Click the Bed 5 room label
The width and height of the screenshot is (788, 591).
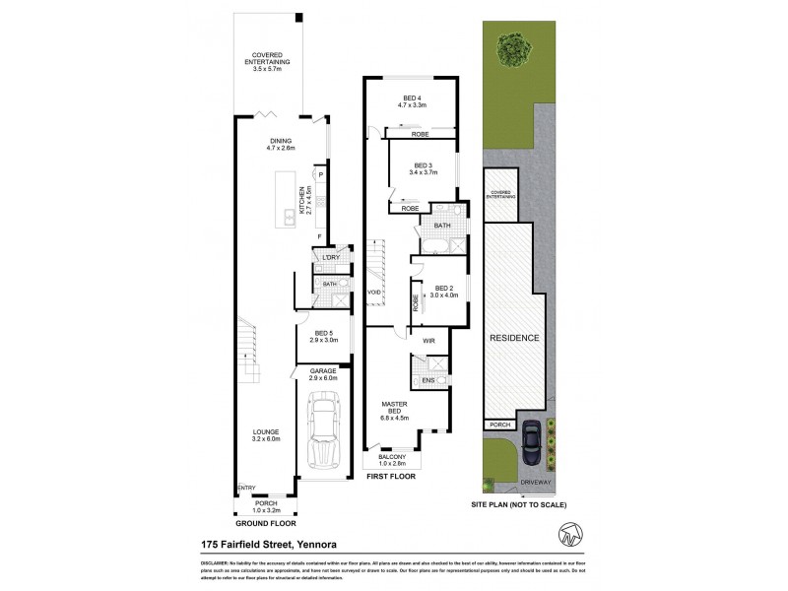(x=324, y=337)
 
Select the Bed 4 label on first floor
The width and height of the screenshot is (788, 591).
(x=410, y=99)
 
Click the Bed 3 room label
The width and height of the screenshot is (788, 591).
(x=423, y=168)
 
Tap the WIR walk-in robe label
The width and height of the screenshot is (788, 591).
(x=428, y=342)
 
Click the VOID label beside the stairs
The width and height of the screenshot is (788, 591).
(x=374, y=293)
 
